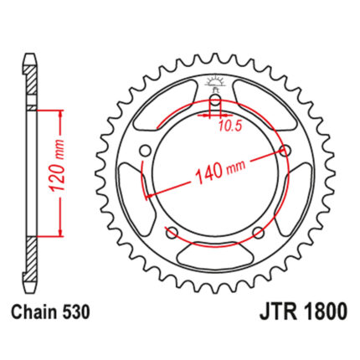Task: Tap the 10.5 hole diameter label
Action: pos(229,126)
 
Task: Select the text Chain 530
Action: pos(50,312)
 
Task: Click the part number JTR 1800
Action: pos(304,311)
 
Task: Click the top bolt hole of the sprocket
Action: pos(215,100)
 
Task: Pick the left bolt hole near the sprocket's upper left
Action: pos(145,151)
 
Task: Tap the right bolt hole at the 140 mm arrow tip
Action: pos(285,151)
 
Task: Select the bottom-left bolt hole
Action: pos(172,232)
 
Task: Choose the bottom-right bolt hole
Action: pos(258,232)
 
